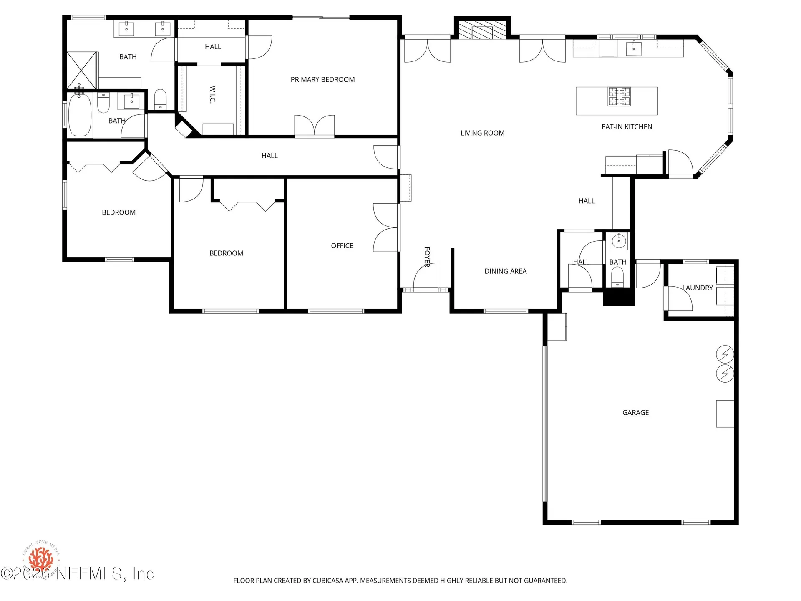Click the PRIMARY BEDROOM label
(322, 79)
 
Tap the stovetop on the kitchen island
(619, 97)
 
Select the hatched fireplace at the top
(482, 29)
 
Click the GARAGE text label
(635, 412)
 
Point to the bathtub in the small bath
(80, 115)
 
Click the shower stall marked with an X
(82, 70)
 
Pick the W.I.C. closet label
(213, 95)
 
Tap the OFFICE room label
(342, 246)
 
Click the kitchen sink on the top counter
(634, 48)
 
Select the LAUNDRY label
(697, 288)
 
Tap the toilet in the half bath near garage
(617, 276)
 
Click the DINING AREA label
(505, 271)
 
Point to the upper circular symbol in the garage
(725, 354)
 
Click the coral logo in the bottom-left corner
(41, 558)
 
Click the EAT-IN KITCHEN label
(627, 127)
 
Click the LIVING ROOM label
(482, 133)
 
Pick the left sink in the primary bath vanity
(126, 28)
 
